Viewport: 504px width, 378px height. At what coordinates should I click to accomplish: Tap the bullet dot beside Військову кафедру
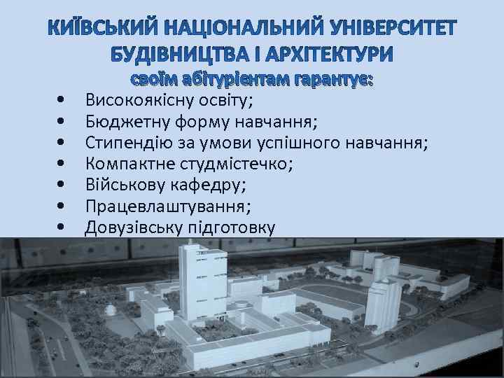tap(63, 186)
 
